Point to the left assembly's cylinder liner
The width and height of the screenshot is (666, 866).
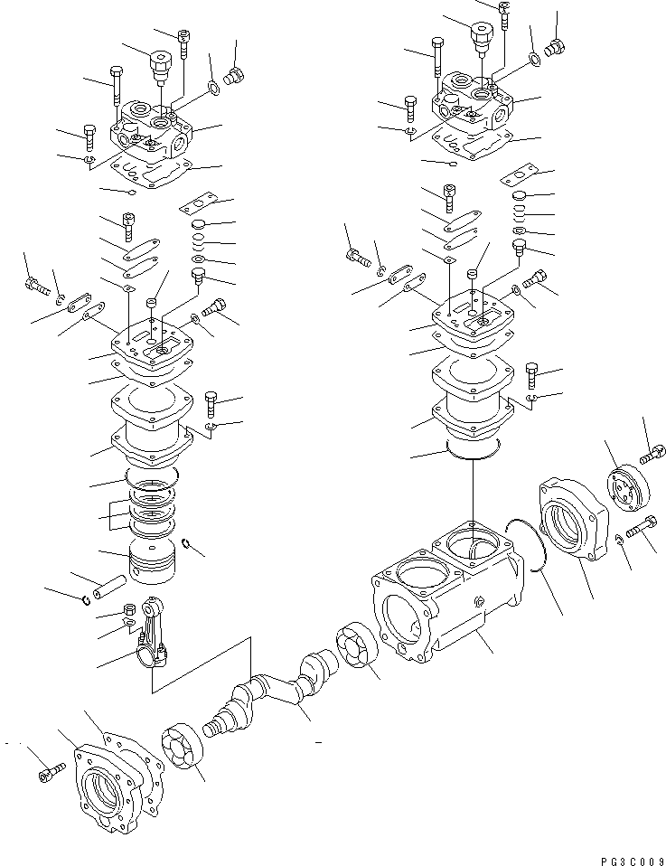(151, 425)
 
